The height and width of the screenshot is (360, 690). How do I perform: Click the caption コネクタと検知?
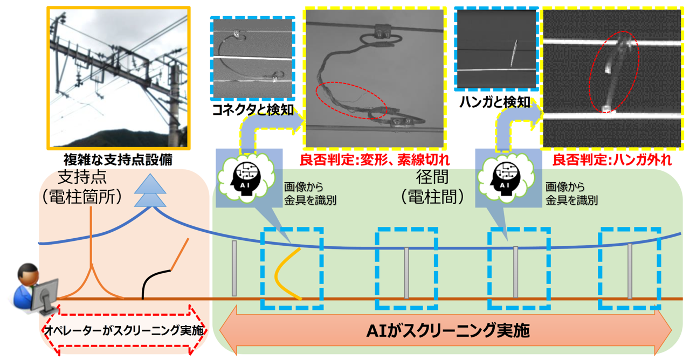point(253,110)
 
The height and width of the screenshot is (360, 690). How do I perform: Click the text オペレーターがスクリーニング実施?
point(124,330)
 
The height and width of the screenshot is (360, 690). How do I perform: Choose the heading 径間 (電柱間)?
point(432,187)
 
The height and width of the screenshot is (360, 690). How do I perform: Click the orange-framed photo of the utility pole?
point(118,78)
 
